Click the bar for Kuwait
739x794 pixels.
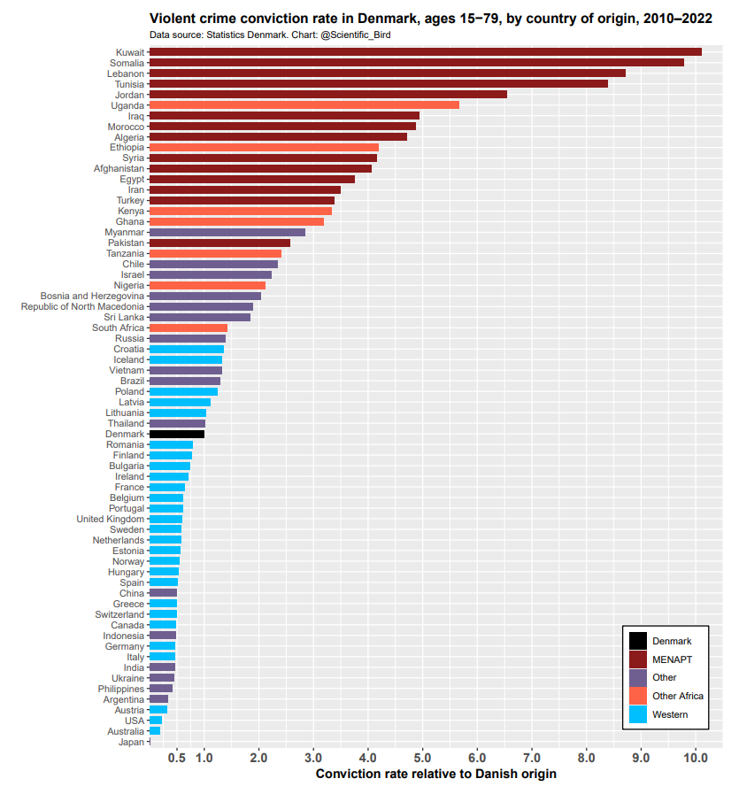425,52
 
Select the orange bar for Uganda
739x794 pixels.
304,105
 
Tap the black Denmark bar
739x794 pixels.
177,434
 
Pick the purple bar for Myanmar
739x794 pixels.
227,232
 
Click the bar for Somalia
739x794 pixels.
416,63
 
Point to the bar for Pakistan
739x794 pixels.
219,243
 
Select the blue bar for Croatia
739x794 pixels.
186,349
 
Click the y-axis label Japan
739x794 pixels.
131,742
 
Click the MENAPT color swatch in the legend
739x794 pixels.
637,659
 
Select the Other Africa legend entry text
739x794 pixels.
677,696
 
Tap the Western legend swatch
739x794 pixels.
637,714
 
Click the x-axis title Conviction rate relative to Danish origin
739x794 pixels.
435,775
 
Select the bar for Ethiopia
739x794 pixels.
264,148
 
